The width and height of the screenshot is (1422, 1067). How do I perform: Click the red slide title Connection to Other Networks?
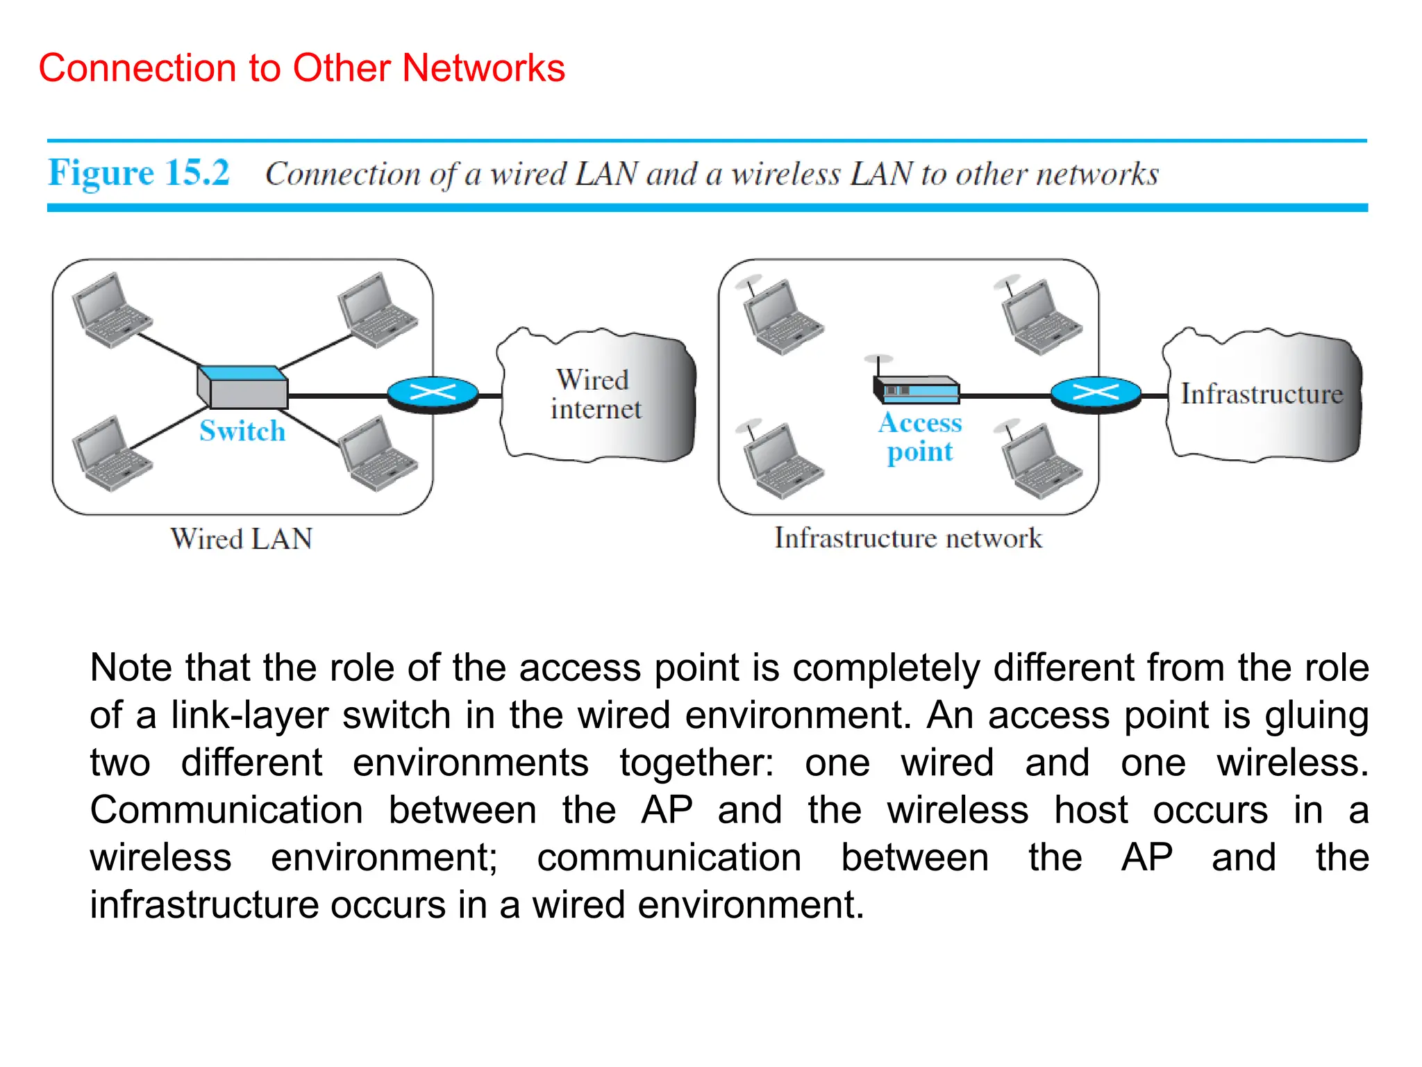tap(301, 68)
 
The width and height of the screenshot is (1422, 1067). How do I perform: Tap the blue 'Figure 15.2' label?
tap(138, 173)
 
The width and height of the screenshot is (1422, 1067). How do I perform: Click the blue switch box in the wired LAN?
tap(242, 387)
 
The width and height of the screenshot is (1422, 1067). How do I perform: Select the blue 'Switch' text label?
tap(242, 431)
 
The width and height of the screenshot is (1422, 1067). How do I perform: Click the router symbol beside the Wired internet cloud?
tap(433, 395)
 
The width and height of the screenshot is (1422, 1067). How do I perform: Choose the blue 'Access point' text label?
tap(920, 437)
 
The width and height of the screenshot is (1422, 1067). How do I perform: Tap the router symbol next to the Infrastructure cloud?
tap(1096, 395)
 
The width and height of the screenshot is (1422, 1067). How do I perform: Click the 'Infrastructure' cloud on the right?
tap(1262, 394)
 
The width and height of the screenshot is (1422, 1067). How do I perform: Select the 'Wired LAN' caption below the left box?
tap(242, 539)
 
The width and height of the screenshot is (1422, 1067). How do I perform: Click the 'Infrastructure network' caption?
tap(908, 538)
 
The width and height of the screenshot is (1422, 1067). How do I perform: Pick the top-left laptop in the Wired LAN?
tap(111, 310)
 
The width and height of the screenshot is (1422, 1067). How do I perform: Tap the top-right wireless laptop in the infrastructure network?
tap(1041, 317)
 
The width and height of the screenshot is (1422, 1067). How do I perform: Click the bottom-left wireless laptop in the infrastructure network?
tap(781, 460)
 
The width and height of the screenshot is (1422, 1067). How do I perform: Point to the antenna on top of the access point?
tap(879, 365)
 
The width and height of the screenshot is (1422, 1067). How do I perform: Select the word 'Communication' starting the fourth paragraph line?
tap(226, 811)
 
